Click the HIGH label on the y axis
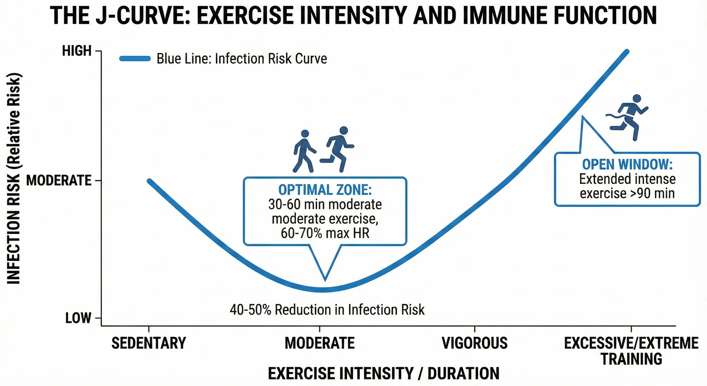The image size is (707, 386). [77, 51]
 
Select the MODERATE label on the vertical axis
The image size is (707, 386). [59, 180]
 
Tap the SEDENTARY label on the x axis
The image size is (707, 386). [149, 343]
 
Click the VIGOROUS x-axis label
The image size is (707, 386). [475, 343]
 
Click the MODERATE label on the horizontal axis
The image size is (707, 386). [320, 343]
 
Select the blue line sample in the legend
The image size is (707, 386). [135, 59]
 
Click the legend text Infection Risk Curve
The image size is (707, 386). [242, 59]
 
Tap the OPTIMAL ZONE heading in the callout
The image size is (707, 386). [325, 190]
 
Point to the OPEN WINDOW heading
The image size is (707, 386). [627, 164]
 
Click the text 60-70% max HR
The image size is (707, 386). [325, 233]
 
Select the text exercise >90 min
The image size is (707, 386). [627, 193]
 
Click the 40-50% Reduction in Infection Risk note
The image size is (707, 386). [327, 310]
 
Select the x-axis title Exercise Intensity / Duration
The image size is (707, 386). [383, 373]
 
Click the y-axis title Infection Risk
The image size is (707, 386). [13, 179]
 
